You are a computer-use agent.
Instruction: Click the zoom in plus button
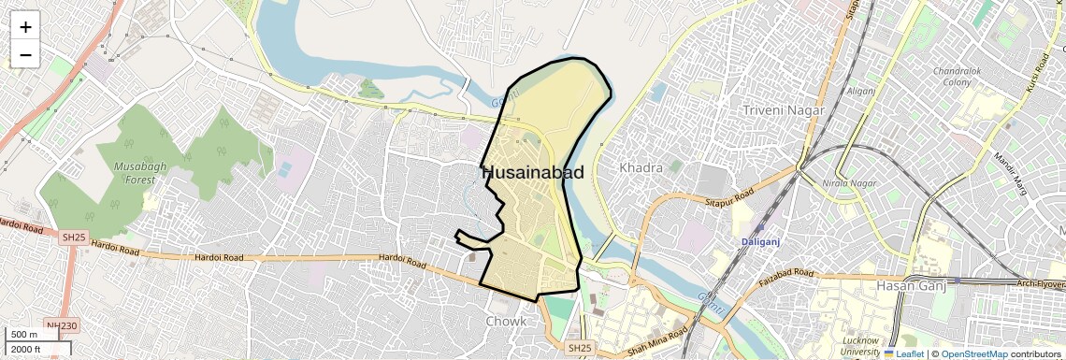click(25, 26)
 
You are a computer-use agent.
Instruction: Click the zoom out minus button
click(25, 54)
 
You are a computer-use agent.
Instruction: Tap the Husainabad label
click(533, 172)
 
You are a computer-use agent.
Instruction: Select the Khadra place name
click(641, 168)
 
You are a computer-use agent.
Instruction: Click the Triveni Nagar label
click(784, 110)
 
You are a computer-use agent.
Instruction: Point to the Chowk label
click(506, 322)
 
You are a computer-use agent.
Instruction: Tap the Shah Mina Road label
click(657, 336)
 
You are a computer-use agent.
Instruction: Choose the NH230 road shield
click(61, 326)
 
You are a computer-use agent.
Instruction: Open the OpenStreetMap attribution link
click(973, 354)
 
